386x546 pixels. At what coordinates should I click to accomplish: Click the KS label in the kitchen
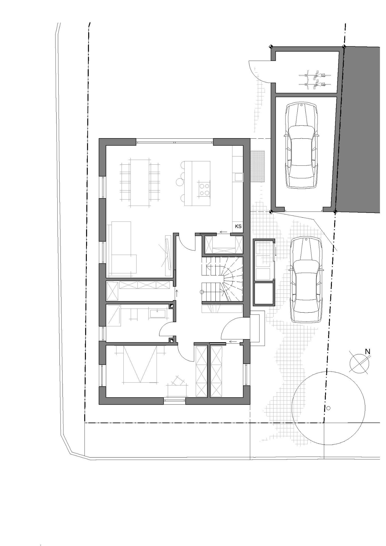click(238, 226)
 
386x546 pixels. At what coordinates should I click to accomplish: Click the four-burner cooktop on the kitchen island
click(204, 189)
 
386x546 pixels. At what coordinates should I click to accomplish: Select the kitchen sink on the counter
click(239, 177)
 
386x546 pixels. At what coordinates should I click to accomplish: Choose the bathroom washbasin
click(158, 314)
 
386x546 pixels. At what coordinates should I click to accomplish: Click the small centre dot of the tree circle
click(328, 408)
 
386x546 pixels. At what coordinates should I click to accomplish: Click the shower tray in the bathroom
click(112, 315)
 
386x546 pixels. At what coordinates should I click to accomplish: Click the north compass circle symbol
click(359, 363)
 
